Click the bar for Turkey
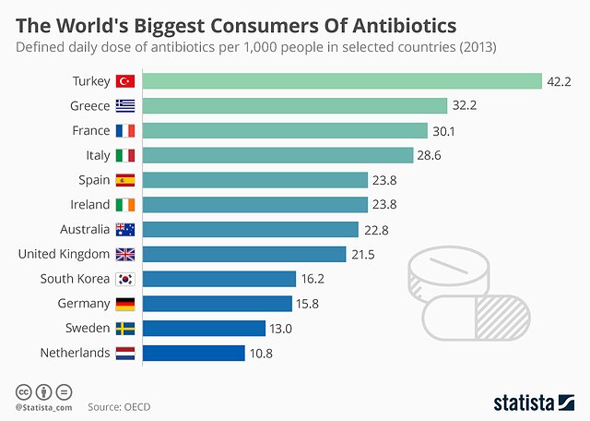click(342, 81)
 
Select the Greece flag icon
click(125, 106)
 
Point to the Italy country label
click(98, 155)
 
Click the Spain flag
click(125, 180)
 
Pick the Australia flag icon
click(125, 229)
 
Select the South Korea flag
click(125, 279)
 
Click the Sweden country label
click(88, 328)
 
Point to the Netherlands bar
click(194, 353)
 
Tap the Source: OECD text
click(119, 405)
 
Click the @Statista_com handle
click(43, 406)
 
